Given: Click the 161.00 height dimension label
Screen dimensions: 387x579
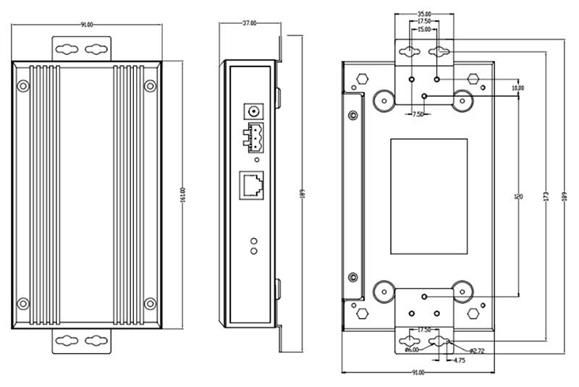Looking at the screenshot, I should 183,195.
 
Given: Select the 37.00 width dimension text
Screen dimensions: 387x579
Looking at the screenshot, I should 248,23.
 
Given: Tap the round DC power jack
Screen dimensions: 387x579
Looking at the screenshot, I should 254,111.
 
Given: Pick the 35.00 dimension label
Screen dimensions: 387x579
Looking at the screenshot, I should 424,14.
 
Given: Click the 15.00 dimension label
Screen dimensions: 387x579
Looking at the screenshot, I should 424,30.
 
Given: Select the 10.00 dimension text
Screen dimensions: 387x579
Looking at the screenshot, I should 517,88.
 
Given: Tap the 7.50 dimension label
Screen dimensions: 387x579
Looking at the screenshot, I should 419,114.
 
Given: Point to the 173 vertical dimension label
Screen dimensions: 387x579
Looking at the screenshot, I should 545,196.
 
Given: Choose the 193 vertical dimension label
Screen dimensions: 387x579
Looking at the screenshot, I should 564,196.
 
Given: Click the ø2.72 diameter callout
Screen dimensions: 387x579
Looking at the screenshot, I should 476,350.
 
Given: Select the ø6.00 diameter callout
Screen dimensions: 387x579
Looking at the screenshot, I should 410,350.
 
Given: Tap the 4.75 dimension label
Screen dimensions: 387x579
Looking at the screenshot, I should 460,360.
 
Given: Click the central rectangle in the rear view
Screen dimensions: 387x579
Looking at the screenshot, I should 429,196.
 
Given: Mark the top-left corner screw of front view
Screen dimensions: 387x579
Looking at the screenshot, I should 23,86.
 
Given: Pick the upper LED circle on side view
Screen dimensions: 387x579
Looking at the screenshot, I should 254,240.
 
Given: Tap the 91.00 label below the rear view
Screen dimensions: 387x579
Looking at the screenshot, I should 418,373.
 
